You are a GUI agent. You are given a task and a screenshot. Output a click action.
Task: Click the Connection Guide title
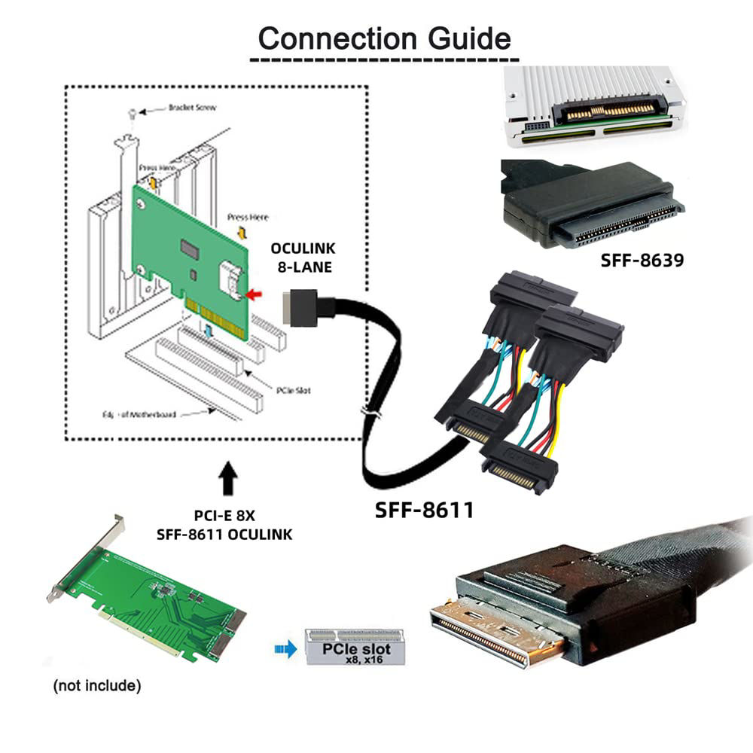pyautogui.click(x=384, y=38)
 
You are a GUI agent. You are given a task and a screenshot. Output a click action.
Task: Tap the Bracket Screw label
pyautogui.click(x=192, y=108)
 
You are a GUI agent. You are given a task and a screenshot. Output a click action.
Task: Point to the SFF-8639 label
pyautogui.click(x=642, y=261)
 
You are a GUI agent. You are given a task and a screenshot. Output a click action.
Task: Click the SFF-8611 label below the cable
pyautogui.click(x=425, y=510)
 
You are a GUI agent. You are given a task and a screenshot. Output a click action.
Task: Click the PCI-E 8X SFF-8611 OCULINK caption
pyautogui.click(x=224, y=525)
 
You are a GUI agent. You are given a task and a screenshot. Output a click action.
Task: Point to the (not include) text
pyautogui.click(x=96, y=685)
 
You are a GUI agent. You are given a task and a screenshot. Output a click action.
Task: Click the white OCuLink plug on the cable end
pyautogui.click(x=295, y=308)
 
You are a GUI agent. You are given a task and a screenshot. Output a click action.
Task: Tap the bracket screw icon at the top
pyautogui.click(x=133, y=113)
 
